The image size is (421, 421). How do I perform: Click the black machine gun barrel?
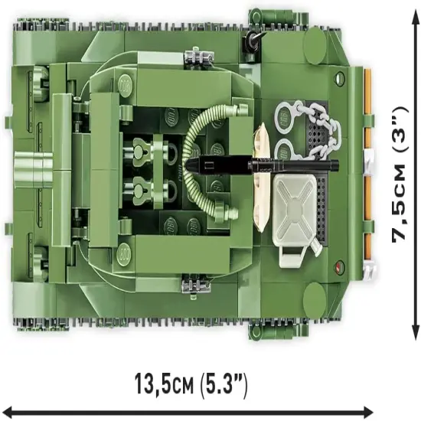[263, 165]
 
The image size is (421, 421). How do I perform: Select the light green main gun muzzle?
[34, 169]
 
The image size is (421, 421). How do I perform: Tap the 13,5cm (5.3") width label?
[191, 383]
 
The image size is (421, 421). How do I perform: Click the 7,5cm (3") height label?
[400, 175]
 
